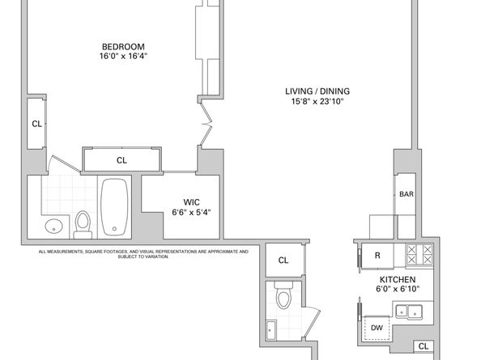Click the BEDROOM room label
pyautogui.click(x=123, y=47)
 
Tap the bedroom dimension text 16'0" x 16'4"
pyautogui.click(x=123, y=56)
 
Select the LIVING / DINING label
pyautogui.click(x=317, y=91)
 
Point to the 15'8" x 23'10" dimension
pyautogui.click(x=317, y=101)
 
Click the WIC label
pyautogui.click(x=191, y=202)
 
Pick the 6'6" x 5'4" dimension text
pyautogui.click(x=191, y=212)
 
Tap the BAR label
pyautogui.click(x=407, y=194)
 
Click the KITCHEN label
pyautogui.click(x=398, y=279)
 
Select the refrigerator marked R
pyautogui.click(x=377, y=256)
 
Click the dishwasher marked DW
pyautogui.click(x=377, y=328)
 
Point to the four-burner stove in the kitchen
pyautogui.click(x=419, y=254)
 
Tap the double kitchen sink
pyautogui.click(x=409, y=311)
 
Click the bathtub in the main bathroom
pyautogui.click(x=114, y=207)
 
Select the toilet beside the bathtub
pyautogui.click(x=83, y=225)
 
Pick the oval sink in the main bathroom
pyautogui.click(x=53, y=227)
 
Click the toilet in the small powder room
pyautogui.click(x=283, y=295)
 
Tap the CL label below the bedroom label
pyautogui.click(x=121, y=160)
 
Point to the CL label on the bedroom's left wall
pyautogui.click(x=37, y=124)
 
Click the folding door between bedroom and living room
pyautogui.click(x=206, y=124)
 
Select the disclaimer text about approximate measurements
pyautogui.click(x=143, y=254)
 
